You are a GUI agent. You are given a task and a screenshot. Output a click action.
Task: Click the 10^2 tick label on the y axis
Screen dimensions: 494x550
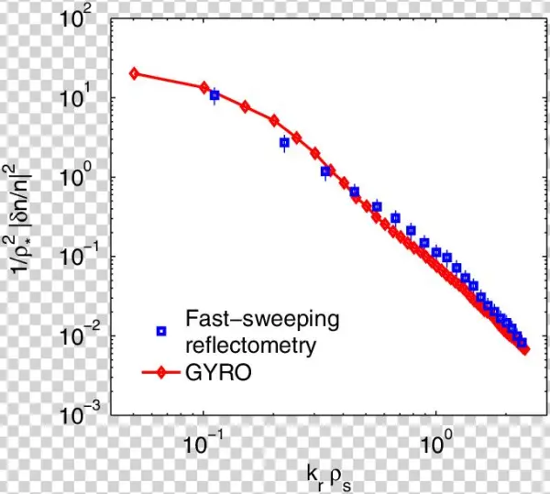coord(85,19)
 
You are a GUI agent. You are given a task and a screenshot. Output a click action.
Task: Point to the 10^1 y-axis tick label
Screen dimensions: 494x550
coord(85,98)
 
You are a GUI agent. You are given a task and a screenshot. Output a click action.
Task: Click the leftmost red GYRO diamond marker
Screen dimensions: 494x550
coord(134,73)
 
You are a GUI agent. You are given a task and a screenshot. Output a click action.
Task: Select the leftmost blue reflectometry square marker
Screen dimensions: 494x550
coord(214,95)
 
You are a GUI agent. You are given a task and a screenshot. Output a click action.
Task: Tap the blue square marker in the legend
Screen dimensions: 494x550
coord(161,331)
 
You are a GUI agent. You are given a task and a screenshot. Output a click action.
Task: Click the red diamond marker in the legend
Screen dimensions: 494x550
coord(161,374)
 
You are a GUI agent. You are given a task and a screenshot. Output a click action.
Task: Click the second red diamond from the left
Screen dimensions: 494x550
coord(204,87)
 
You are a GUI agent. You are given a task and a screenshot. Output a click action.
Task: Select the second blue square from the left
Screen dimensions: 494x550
coord(284,143)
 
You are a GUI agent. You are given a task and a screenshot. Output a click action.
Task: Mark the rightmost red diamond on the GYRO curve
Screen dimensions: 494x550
coord(524,349)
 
